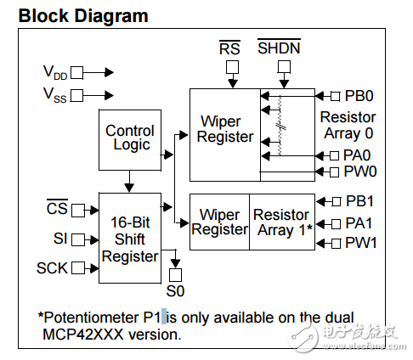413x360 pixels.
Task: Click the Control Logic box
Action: [130, 140]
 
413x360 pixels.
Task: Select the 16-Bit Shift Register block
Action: [130, 238]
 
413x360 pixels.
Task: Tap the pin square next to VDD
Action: [76, 73]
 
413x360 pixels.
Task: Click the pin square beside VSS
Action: [76, 95]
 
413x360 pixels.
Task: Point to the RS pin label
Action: [229, 48]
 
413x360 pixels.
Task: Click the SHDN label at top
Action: [279, 48]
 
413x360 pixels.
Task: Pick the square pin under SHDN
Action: [284, 67]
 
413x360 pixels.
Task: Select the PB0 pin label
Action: [359, 96]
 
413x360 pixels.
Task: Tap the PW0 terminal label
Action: [360, 172]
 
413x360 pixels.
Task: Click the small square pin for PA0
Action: [335, 155]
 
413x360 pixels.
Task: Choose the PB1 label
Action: [359, 201]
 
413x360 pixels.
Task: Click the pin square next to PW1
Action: [336, 244]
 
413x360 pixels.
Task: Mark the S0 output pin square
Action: [175, 275]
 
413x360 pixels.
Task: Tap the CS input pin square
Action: [78, 211]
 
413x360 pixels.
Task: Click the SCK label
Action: [52, 267]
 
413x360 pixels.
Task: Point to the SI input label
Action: [60, 239]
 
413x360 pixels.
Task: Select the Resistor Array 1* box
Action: [282, 222]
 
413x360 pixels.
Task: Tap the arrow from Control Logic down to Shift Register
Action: [129, 182]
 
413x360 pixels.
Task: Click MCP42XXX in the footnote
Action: [83, 335]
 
